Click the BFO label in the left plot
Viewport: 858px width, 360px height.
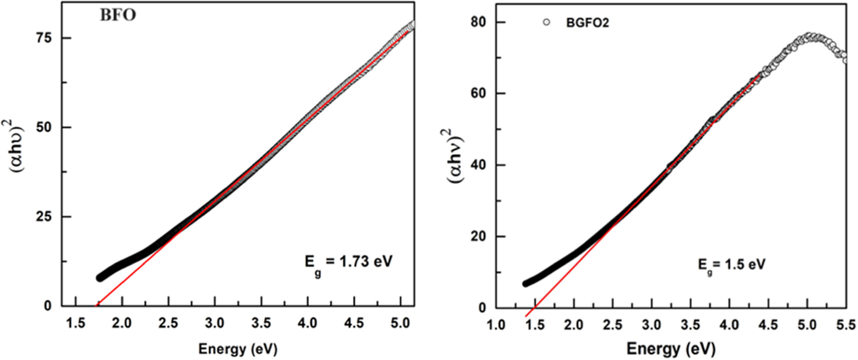[x=118, y=15]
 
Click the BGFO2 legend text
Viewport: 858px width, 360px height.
[x=587, y=23]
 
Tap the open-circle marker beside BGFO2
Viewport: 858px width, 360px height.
[x=546, y=22]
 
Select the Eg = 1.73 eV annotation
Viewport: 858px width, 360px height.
[x=348, y=263]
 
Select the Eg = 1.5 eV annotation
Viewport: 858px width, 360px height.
[x=731, y=265]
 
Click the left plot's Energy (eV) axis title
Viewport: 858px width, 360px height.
[x=238, y=349]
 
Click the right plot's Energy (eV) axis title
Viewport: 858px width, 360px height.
[x=671, y=349]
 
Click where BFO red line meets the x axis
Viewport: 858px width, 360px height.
[x=98, y=306]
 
